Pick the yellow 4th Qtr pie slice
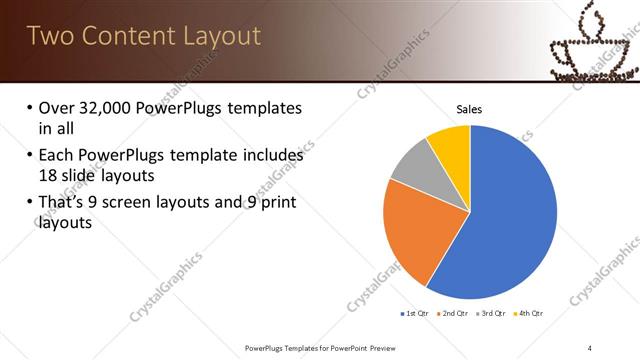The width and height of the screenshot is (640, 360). pyautogui.click(x=451, y=145)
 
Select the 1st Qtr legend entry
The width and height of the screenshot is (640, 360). pyautogui.click(x=415, y=313)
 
